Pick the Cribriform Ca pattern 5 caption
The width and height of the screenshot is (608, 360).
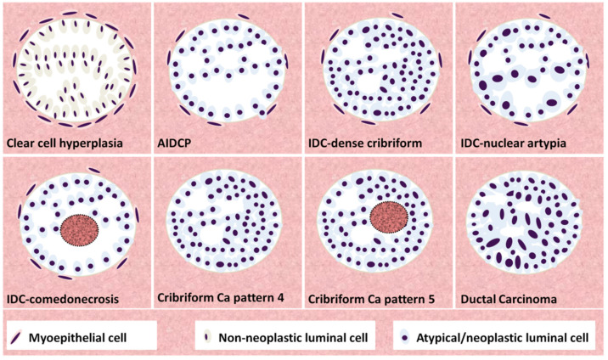374,298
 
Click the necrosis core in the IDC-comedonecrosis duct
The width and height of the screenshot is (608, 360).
81,228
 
